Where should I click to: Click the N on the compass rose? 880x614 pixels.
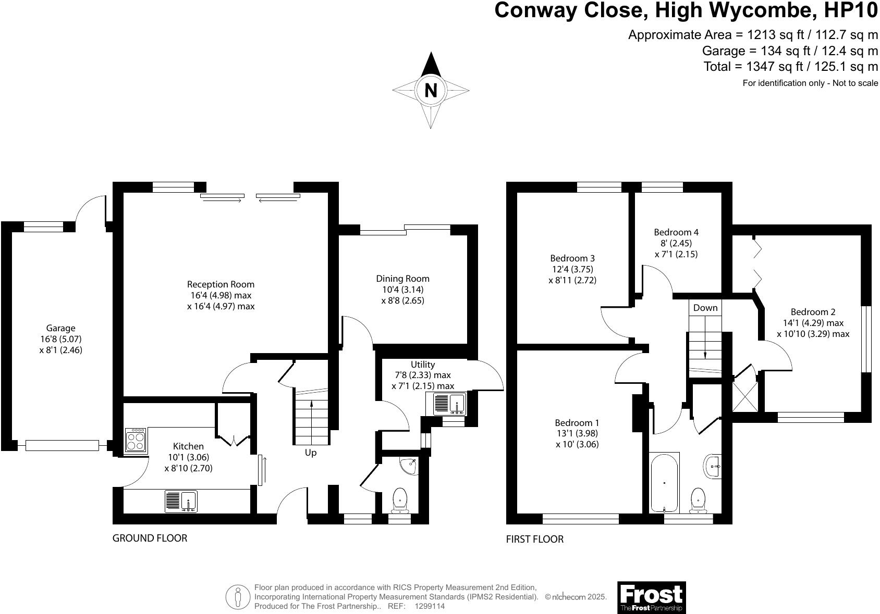(431, 91)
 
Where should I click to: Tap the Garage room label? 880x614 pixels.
(60, 328)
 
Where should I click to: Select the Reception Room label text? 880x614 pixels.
(221, 284)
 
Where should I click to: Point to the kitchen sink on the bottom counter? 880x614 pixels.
(181, 501)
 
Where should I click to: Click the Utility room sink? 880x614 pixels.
(449, 404)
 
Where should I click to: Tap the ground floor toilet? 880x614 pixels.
(400, 499)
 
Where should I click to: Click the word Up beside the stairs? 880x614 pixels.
(311, 453)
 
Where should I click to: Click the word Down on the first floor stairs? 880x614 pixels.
(705, 308)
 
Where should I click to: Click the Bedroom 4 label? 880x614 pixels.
(676, 232)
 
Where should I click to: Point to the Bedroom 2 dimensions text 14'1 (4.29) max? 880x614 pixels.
(813, 323)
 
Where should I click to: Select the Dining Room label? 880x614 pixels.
(402, 279)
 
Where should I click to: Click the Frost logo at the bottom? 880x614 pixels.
(651, 597)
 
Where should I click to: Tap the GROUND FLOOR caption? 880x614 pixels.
(150, 538)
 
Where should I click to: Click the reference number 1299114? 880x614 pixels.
(430, 606)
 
